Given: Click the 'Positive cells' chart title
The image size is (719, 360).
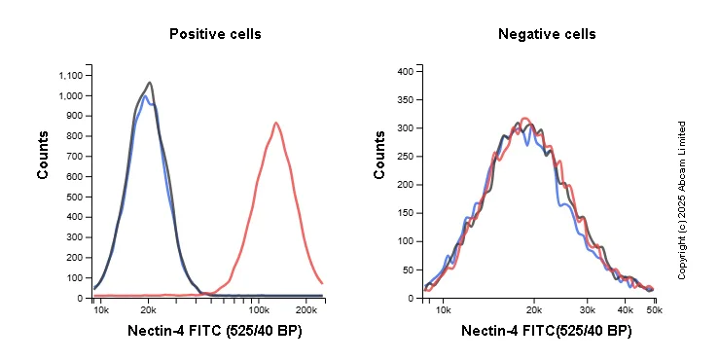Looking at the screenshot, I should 215,34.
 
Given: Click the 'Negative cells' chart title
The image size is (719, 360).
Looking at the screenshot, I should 547,34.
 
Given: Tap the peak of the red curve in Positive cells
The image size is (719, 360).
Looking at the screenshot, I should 276,123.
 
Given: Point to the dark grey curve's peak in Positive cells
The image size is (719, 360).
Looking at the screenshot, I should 149,83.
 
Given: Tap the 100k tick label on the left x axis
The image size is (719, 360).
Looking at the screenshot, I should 260,309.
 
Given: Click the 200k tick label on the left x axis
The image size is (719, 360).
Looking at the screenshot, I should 306,309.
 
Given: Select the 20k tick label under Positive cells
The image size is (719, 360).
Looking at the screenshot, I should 147,309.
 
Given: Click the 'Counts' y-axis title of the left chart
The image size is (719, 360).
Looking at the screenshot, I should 44,155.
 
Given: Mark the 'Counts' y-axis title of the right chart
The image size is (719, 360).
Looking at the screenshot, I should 380,155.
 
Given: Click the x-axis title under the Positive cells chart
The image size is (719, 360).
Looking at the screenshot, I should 214,332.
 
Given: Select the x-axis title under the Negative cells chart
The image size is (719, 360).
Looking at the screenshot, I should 546,332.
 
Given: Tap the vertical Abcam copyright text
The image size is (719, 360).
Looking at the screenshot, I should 682,200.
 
